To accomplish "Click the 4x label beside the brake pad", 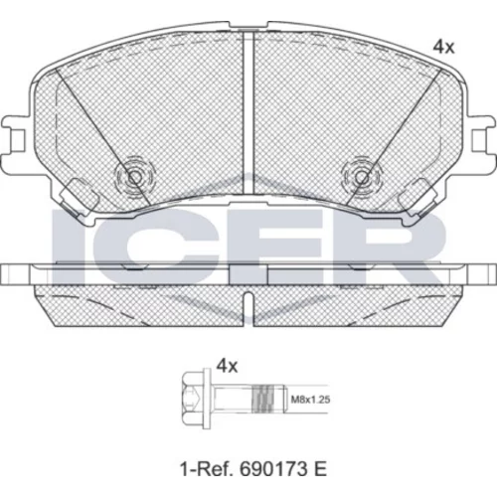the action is pyautogui.click(x=443, y=48).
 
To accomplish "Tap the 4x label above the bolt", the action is pyautogui.click(x=227, y=367).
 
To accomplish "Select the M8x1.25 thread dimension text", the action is pyautogui.click(x=310, y=400).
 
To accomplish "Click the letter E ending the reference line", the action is pyautogui.click(x=321, y=469).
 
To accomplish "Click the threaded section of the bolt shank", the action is pyautogui.click(x=264, y=399).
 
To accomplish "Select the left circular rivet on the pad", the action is pyautogui.click(x=134, y=177).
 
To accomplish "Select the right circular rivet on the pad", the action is pyautogui.click(x=362, y=177).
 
